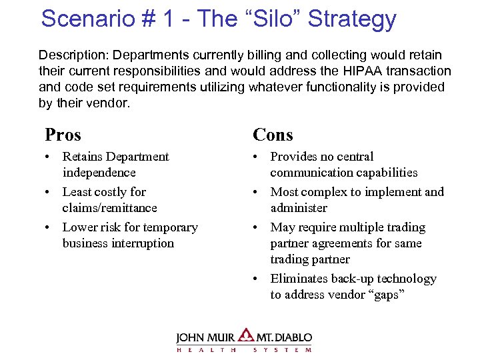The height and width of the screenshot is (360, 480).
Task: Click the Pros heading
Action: click(63, 135)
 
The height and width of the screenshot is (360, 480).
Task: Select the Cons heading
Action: click(273, 135)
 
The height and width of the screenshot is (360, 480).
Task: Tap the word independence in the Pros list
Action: click(99, 173)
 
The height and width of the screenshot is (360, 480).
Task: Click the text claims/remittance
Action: click(109, 208)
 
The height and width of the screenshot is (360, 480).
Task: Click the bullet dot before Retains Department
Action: click(49, 157)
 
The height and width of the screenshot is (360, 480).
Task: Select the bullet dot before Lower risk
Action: click(49, 228)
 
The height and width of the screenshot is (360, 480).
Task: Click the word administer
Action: click(299, 208)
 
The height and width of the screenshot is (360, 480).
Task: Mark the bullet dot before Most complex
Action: click(257, 193)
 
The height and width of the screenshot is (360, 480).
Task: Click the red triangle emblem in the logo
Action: click(246, 335)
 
